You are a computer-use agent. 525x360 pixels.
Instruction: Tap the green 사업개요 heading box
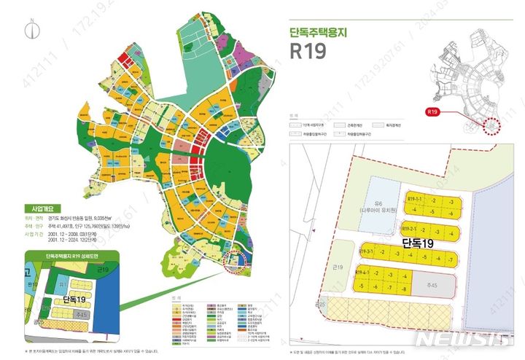43,208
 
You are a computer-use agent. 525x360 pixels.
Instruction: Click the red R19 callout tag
434,112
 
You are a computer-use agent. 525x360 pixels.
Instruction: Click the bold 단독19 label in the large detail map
419,241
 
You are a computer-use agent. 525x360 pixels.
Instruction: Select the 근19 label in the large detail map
338,269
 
